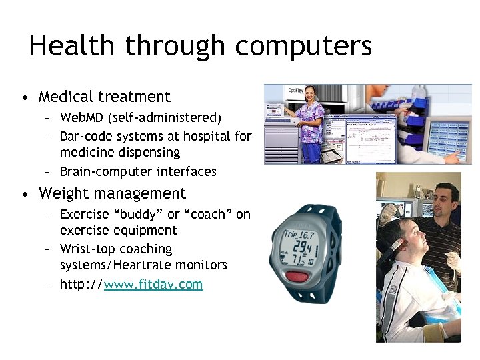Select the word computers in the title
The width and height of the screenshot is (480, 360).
click(303, 47)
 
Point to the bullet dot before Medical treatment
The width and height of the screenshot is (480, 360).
click(25, 98)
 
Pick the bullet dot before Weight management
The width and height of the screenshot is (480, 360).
click(25, 195)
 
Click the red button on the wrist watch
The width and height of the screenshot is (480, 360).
click(301, 276)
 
